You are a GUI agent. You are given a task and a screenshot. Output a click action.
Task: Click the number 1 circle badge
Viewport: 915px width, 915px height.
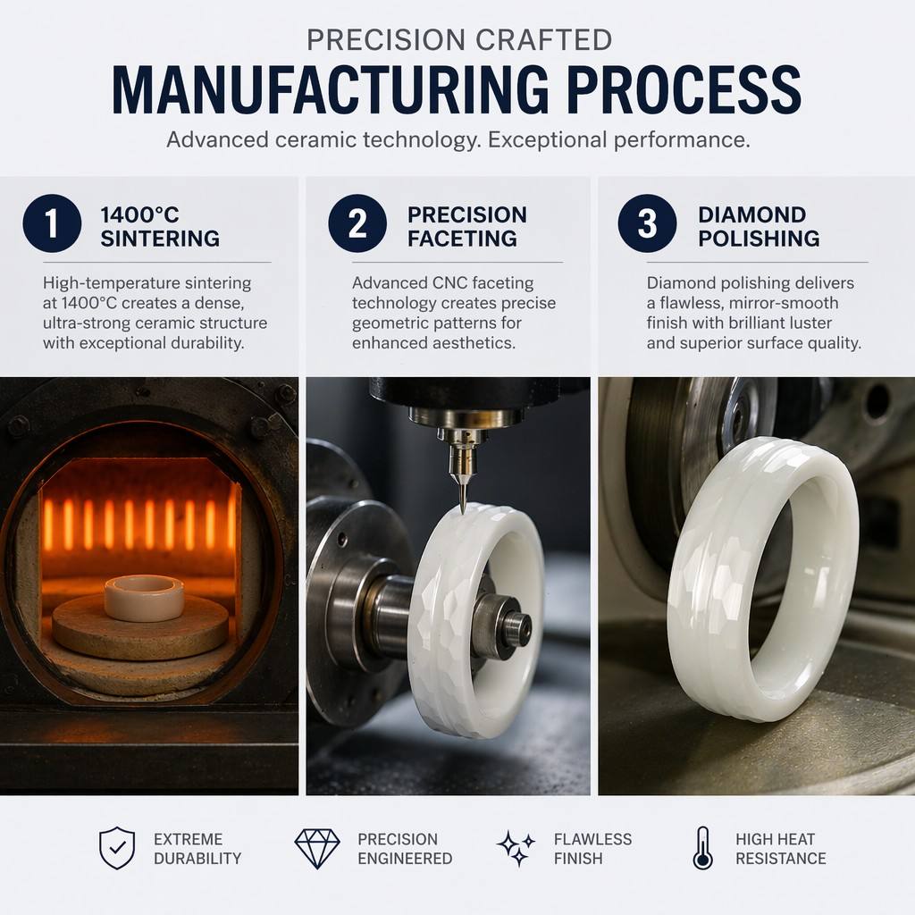pos(52,223)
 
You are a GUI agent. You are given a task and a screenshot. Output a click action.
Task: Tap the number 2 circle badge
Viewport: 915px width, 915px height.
pos(357,223)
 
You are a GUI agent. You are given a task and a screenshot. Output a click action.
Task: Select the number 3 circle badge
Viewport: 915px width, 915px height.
pos(647,223)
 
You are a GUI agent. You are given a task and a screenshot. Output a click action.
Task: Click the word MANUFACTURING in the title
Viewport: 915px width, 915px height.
pos(331,90)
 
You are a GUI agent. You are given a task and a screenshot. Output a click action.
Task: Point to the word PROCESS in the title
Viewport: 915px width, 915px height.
pos(684,90)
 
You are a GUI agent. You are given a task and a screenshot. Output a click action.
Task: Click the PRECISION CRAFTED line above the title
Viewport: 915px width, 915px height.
pos(459,40)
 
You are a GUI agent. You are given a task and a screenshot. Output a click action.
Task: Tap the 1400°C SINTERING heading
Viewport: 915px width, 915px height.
pos(160,226)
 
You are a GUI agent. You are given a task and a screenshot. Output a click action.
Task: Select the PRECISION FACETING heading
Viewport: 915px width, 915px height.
pos(466,226)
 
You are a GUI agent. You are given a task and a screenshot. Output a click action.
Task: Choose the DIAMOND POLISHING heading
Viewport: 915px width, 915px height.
pos(759,226)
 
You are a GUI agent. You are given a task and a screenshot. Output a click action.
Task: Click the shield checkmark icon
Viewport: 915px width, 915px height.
pos(117,848)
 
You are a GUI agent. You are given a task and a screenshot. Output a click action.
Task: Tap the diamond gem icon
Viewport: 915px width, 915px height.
pos(317,849)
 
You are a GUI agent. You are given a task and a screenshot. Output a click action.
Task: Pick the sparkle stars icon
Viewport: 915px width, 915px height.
pos(516,848)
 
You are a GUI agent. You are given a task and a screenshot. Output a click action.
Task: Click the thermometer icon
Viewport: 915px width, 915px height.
pos(703,848)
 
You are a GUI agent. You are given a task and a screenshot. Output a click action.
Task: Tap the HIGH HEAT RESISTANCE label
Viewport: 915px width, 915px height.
pos(781,849)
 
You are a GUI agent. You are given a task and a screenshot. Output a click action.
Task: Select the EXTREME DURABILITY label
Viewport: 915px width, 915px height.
pos(197,849)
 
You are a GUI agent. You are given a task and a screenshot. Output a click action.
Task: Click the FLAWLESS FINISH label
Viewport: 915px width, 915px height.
pos(592,849)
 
